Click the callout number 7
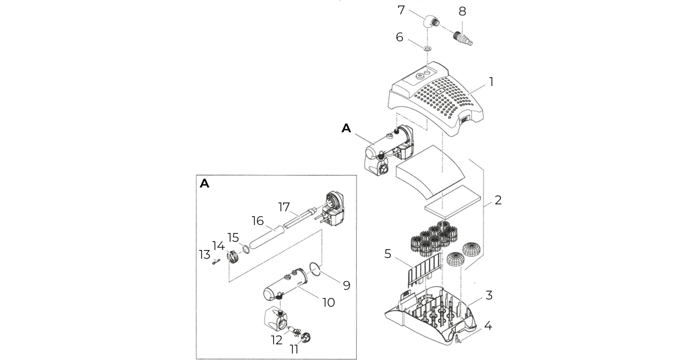coord(401,10)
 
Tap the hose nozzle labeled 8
coord(462,38)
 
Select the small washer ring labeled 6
coord(427,49)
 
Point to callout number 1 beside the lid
coord(491,82)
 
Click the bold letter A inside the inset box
coord(204,183)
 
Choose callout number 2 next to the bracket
coord(498,200)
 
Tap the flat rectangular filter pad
coord(452,201)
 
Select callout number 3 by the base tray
coord(489,295)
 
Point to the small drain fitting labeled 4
coord(457,338)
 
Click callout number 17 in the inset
coord(284,207)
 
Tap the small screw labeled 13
coord(215,262)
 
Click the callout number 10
coord(328,302)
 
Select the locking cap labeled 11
coord(305,337)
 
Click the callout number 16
coord(258,221)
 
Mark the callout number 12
coord(277,340)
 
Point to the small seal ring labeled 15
coord(246,249)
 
